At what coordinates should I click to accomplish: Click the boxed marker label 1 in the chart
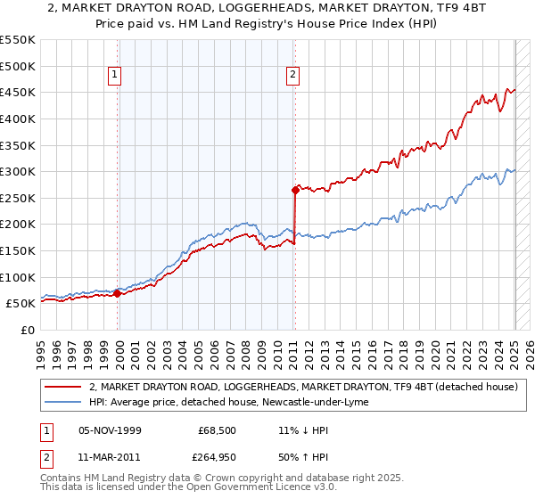(x=117, y=76)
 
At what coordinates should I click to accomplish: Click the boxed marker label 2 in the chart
(x=293, y=76)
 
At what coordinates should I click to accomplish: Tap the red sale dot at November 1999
(x=117, y=293)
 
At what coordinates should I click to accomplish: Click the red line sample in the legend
(x=65, y=387)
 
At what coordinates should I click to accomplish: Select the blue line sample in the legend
(x=65, y=402)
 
